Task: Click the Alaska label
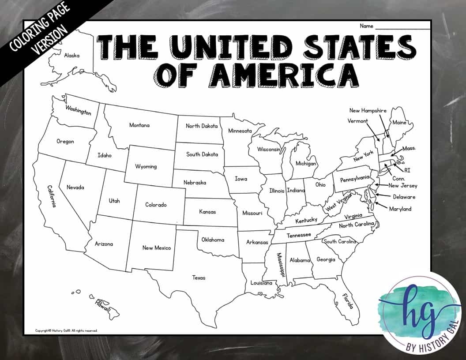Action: (x=71, y=56)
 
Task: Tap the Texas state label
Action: (x=199, y=278)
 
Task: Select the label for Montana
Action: (x=139, y=125)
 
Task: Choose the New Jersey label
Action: (x=402, y=186)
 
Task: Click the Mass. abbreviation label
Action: (x=409, y=149)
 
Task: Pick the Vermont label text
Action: (x=357, y=121)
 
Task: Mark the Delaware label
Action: (x=404, y=197)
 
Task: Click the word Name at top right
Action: (x=366, y=26)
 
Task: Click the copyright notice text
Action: (x=66, y=330)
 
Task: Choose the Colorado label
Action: (x=156, y=205)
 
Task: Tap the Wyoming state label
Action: (x=146, y=166)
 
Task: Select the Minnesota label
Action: (x=240, y=131)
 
